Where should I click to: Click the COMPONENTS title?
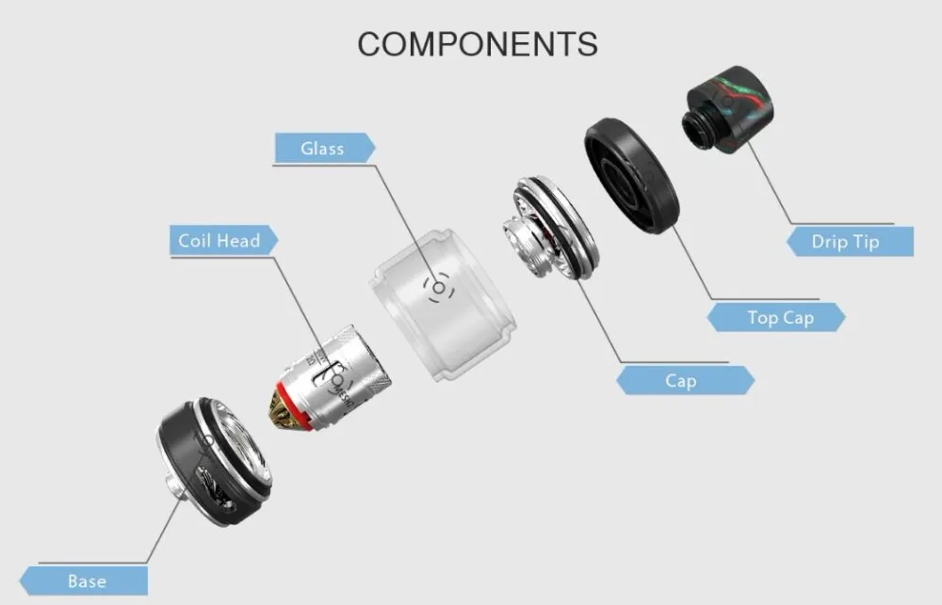coord(478,44)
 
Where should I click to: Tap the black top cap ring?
coord(632,175)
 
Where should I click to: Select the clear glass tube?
coord(443,304)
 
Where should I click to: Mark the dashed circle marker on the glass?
coord(439,288)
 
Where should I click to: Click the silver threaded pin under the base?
coord(173,484)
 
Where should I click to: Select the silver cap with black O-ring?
coord(551,228)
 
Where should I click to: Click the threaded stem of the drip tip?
coord(697,129)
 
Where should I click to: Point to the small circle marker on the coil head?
coord(338,380)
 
